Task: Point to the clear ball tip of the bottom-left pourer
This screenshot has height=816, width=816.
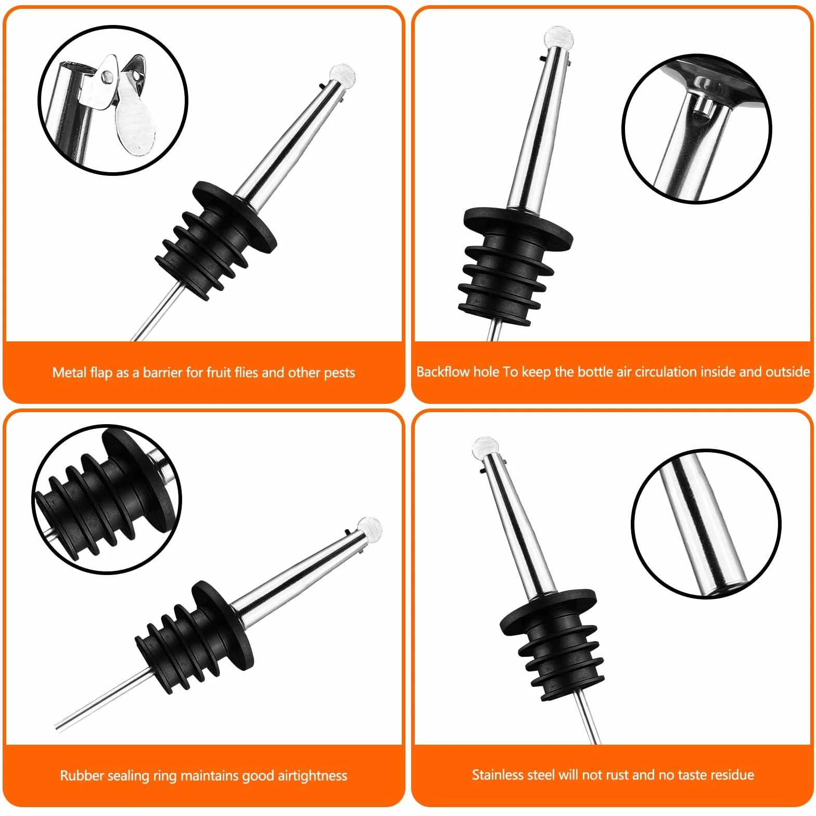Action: coord(369,529)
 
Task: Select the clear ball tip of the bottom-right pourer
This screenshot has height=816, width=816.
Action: coord(486,448)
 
